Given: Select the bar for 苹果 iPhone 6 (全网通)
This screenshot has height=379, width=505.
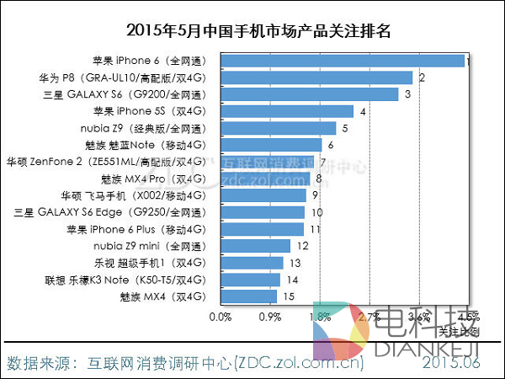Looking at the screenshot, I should tap(343, 61).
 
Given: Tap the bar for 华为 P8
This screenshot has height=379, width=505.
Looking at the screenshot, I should tap(316, 77).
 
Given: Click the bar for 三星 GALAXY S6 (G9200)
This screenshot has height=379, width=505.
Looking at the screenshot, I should tap(310, 94).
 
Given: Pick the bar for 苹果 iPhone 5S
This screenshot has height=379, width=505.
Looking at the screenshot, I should tap(287, 111).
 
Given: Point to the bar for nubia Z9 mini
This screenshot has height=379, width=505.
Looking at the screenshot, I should tap(256, 246).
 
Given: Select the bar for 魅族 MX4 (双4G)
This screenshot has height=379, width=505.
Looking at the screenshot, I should tap(249, 296).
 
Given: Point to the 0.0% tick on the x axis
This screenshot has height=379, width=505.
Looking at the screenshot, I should tap(220, 318).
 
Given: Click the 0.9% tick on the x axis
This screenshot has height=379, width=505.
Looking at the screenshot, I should tap(269, 318).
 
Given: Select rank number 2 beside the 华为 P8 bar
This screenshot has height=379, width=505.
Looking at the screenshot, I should tap(421, 78).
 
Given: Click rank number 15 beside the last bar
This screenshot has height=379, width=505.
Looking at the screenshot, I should tap(288, 296).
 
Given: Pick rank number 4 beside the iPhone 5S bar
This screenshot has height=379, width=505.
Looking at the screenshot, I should tap(362, 112).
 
